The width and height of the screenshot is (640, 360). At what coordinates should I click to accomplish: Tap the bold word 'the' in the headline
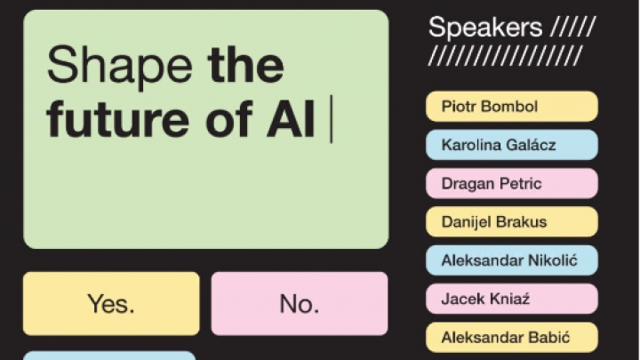(x=245, y=65)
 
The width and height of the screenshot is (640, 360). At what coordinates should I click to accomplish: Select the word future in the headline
(x=118, y=118)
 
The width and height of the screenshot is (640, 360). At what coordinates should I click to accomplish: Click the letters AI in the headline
(x=291, y=118)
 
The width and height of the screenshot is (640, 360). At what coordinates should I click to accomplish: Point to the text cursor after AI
(x=332, y=119)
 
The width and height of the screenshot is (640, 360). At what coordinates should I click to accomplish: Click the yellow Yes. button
(x=111, y=303)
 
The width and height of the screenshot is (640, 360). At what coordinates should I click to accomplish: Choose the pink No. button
(x=300, y=303)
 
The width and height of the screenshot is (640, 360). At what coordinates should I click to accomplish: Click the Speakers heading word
(x=485, y=28)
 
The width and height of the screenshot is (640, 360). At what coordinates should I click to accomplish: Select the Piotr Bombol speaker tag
(x=512, y=107)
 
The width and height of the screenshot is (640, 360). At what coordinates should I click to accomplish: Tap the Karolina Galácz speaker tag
(x=512, y=145)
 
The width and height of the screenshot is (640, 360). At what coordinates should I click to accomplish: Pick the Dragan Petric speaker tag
(x=512, y=183)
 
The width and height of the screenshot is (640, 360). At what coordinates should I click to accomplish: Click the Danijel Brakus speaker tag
(x=512, y=221)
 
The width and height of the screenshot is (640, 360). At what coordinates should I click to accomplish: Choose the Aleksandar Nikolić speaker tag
(x=512, y=260)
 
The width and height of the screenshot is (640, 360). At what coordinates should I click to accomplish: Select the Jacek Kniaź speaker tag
(x=512, y=299)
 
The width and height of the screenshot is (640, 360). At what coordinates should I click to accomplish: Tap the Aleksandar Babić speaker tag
(x=512, y=337)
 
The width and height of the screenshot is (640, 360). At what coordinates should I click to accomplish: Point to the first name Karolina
(x=466, y=145)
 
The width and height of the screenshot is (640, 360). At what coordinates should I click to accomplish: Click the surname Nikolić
(x=553, y=260)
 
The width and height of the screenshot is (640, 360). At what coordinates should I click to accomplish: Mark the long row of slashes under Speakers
(x=505, y=55)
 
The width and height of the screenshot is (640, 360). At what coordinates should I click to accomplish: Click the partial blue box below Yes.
(x=109, y=356)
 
